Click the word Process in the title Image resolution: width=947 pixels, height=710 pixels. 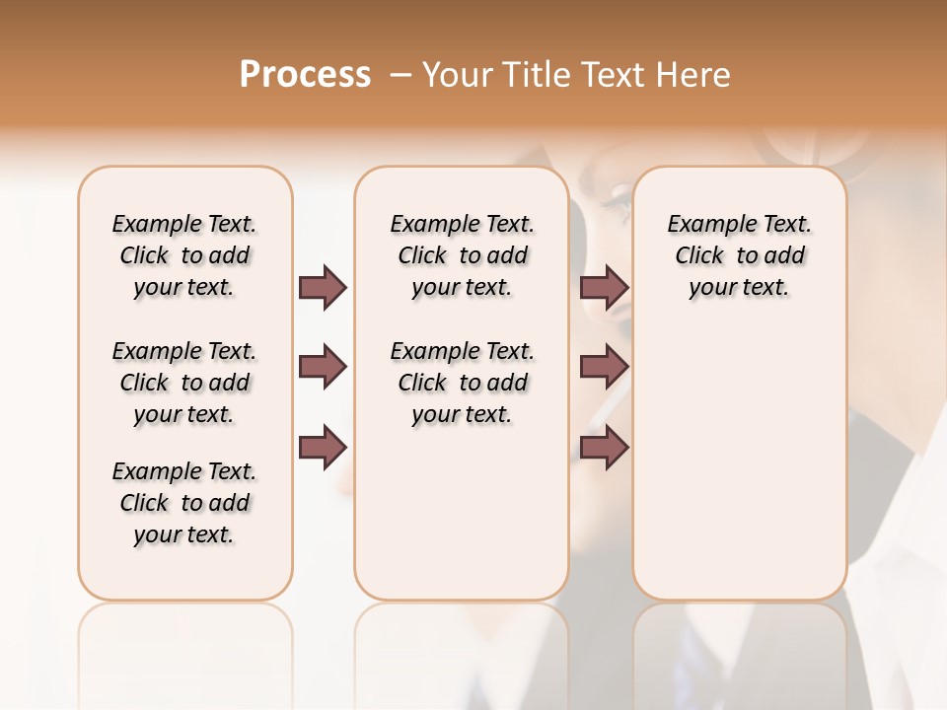(x=305, y=75)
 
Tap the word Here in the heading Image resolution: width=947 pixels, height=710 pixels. (x=695, y=75)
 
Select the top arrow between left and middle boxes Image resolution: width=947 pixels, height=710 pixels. (x=323, y=287)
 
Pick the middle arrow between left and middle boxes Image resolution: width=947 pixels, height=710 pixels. (x=323, y=367)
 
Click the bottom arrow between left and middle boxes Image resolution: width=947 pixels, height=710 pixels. (x=323, y=447)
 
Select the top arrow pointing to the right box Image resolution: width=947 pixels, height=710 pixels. (x=605, y=287)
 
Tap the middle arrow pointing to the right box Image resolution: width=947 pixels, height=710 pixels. (x=605, y=367)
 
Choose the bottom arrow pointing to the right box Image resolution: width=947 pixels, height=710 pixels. (x=605, y=447)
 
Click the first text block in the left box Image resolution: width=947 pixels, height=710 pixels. (x=184, y=255)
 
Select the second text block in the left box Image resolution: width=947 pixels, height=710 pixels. (x=184, y=383)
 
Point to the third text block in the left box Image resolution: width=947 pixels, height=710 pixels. (x=184, y=503)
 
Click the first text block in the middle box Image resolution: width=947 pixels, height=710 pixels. (x=462, y=255)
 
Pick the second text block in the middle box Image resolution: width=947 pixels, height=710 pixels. (x=462, y=383)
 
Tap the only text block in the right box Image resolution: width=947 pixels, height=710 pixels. (x=739, y=255)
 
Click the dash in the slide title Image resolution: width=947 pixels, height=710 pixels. (x=400, y=76)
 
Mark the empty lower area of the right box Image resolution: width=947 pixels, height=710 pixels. (x=739, y=473)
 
